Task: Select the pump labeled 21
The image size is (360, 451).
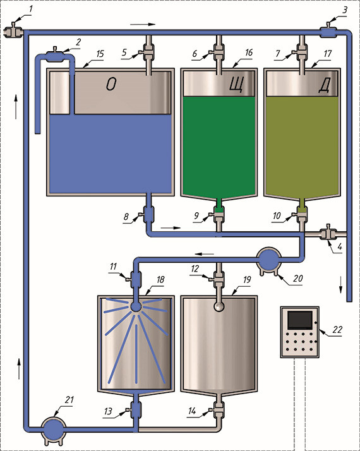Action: [54, 430]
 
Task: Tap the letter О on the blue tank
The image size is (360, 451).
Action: [111, 85]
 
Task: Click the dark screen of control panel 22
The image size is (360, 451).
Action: [300, 320]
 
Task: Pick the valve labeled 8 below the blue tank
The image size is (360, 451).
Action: [148, 215]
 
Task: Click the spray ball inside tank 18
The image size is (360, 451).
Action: [136, 306]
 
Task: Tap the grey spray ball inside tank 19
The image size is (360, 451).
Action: [219, 306]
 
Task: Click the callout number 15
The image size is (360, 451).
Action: [100, 54]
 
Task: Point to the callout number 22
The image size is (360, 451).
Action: [337, 329]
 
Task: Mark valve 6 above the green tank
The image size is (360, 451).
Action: [218, 52]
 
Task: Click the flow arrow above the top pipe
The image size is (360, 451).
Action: [143, 25]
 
